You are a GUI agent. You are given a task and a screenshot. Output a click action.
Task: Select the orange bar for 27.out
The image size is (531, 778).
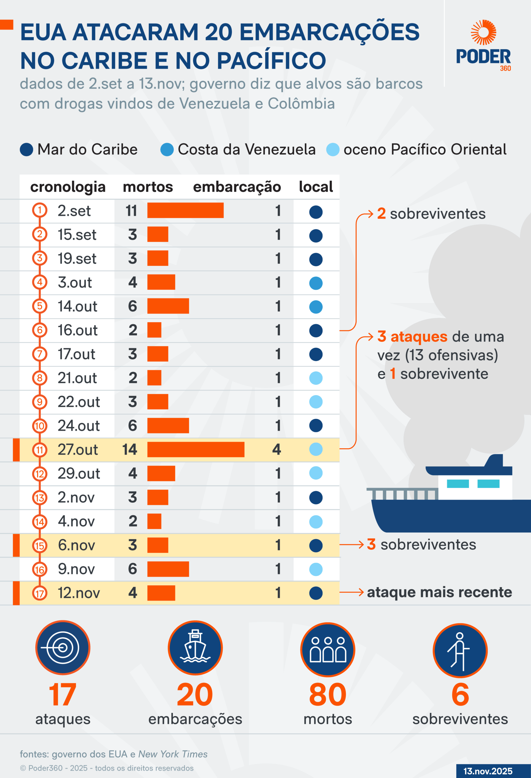coord(196,449)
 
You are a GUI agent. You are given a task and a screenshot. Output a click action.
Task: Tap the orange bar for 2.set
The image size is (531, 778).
coord(185,210)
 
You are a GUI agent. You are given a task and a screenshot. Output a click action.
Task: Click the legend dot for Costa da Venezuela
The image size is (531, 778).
coord(167,150)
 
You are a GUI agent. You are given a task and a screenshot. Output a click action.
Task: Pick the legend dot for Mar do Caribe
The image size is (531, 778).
coord(26,150)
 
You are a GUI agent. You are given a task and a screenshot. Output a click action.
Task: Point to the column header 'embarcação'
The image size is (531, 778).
coord(237,187)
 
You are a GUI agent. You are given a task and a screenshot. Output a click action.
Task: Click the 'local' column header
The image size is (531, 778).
coord(316,187)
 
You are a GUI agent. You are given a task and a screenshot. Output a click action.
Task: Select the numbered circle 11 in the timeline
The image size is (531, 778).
coord(40,449)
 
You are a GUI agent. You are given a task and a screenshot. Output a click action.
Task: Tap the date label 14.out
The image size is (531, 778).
coord(77,306)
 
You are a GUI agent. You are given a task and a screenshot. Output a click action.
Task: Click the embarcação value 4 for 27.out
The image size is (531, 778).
coord(276,449)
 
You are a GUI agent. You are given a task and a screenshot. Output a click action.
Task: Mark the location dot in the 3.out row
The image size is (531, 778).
coord(316,283)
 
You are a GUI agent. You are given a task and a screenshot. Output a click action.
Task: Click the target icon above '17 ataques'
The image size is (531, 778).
coord(63,647)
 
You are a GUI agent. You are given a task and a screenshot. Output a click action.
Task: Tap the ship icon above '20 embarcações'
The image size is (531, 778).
coord(195,647)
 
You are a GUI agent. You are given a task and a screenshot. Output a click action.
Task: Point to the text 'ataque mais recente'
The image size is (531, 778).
coord(439,592)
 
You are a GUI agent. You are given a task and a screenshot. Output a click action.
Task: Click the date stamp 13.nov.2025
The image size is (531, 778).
coord(488,771)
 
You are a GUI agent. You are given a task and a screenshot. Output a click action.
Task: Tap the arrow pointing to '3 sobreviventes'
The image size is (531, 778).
coord(352,545)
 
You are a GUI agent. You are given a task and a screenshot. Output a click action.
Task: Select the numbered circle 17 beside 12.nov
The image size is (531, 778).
coord(40,593)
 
